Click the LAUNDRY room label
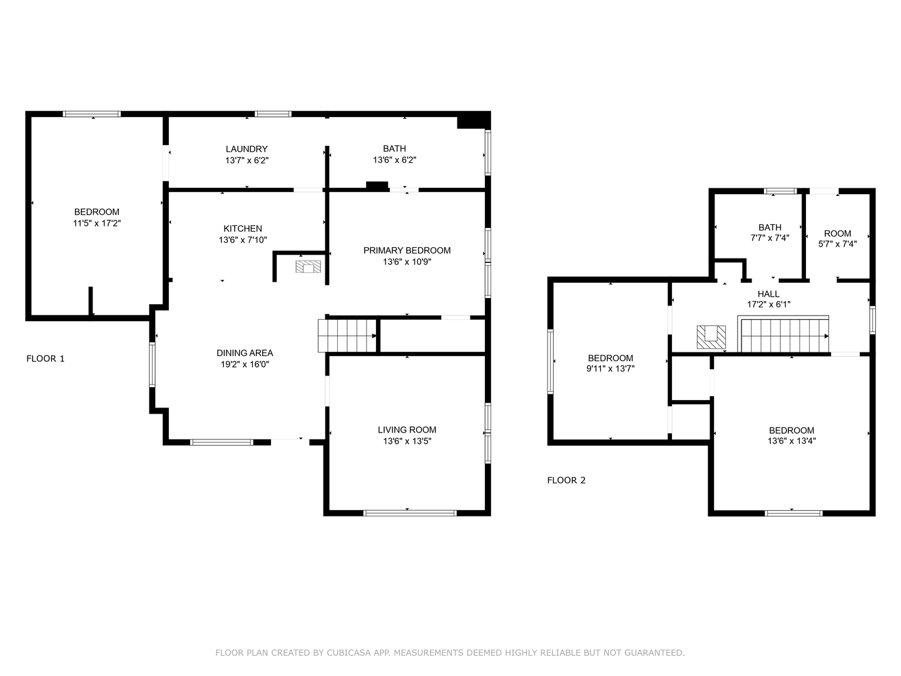247,149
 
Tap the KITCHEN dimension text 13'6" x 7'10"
243,240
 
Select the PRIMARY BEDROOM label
407,250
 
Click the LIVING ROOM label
407,429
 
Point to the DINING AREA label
245,353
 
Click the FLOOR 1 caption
46,359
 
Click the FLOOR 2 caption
566,480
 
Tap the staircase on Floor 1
347,335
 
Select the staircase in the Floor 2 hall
785,335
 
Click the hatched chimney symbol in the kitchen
308,267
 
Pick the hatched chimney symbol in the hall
711,337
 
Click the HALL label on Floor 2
768,294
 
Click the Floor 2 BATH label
770,227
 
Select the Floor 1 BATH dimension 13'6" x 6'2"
394,160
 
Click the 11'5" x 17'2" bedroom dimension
96,223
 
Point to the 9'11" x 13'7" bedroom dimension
610,369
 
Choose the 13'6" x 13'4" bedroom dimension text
792,441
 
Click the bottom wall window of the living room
410,513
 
